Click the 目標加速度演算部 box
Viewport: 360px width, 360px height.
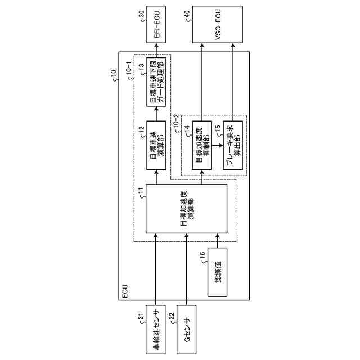pos(186,208)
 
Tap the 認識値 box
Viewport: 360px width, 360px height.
pos(217,272)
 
